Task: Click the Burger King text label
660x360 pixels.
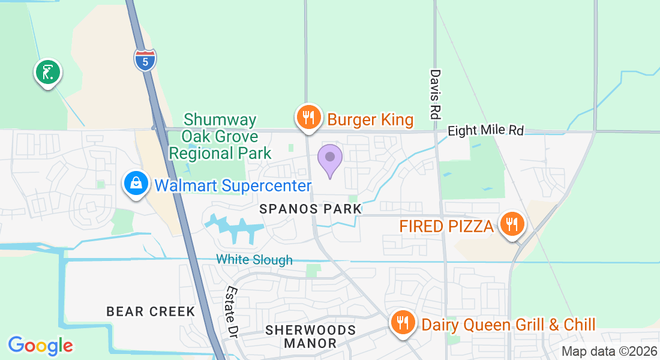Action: (370, 120)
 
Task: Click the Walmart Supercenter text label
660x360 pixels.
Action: (233, 185)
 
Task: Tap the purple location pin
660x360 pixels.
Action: (329, 159)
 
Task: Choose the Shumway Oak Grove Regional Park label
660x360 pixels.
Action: (220, 137)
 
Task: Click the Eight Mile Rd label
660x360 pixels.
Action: (486, 130)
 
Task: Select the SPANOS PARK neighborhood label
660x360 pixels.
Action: (311, 209)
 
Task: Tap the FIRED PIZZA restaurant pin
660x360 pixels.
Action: (512, 224)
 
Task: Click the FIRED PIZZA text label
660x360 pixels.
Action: (447, 227)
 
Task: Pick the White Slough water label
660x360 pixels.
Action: (254, 260)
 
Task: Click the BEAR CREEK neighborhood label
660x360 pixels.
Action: (151, 311)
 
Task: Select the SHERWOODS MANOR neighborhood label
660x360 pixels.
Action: (310, 337)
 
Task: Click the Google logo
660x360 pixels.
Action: (40, 345)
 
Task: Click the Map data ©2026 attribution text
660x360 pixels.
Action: (609, 352)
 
